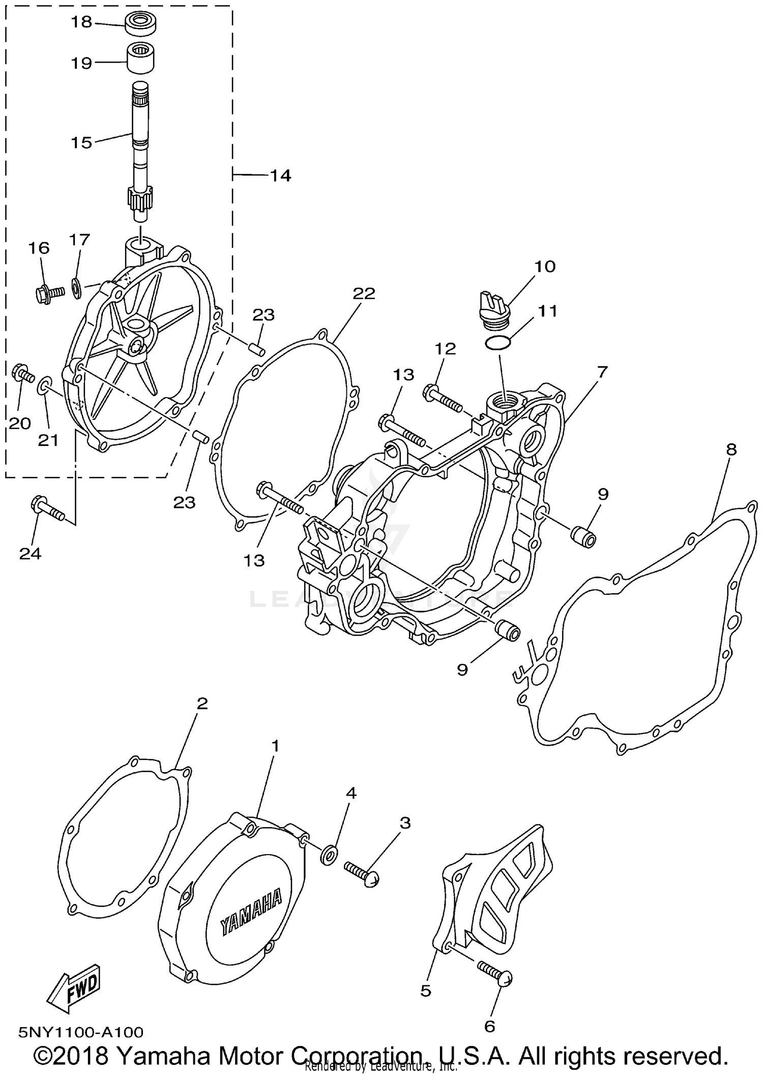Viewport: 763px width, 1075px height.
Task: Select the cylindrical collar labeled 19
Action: [140, 59]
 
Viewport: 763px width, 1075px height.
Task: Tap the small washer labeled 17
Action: [77, 290]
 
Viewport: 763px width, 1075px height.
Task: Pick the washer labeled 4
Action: [328, 855]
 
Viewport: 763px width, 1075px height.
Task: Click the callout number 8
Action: [731, 449]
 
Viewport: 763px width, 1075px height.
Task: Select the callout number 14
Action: [280, 176]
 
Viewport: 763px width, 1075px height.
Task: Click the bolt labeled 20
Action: [23, 375]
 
